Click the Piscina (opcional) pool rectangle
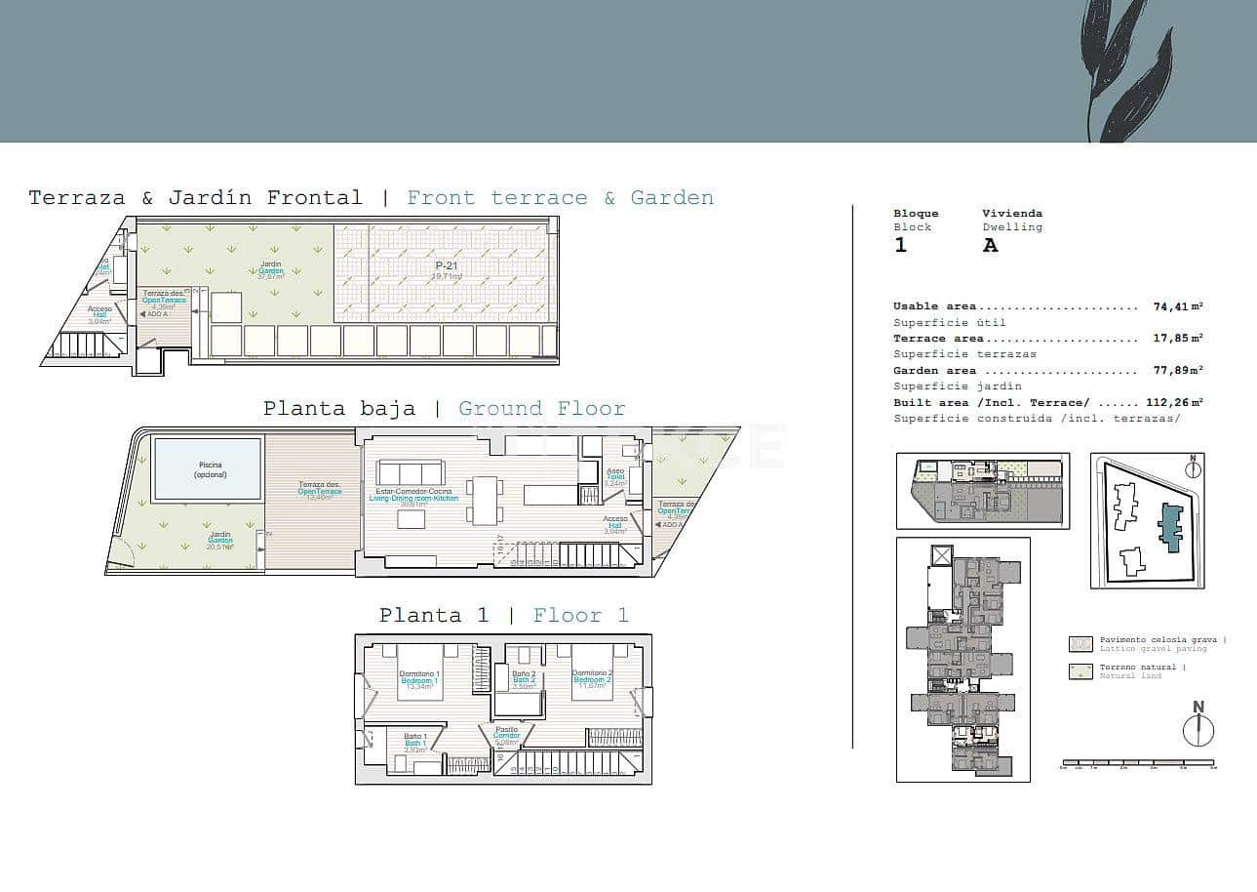pyautogui.click(x=208, y=469)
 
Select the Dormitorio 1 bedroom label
pyautogui.click(x=419, y=674)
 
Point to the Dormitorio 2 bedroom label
pyautogui.click(x=592, y=673)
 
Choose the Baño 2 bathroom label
pyautogui.click(x=525, y=674)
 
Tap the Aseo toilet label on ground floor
pyautogui.click(x=615, y=470)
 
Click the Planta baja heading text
pyautogui.click(x=338, y=408)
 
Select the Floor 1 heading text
pyautogui.click(x=580, y=615)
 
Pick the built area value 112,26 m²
pyautogui.click(x=1173, y=402)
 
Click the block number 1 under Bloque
pyautogui.click(x=900, y=245)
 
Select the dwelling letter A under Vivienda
pyautogui.click(x=990, y=245)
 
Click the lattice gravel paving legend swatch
pyautogui.click(x=1080, y=644)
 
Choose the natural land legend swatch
pyautogui.click(x=1080, y=671)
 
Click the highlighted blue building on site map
pyautogui.click(x=1168, y=528)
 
